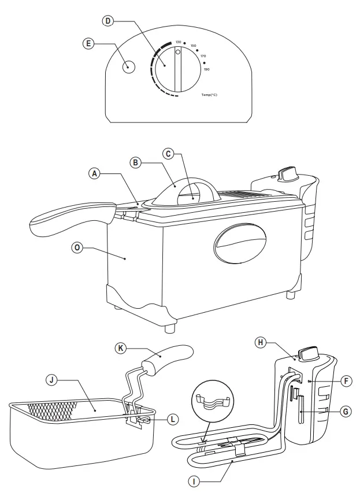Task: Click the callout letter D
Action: [x=107, y=21]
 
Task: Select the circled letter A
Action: [x=94, y=173]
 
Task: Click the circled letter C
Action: [x=168, y=154]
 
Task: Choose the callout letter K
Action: [x=121, y=348]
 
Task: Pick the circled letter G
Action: [x=345, y=412]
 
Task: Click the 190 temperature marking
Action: [x=206, y=69]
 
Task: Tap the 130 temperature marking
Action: [x=179, y=42]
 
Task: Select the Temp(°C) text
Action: [x=209, y=94]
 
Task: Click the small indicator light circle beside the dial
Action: [x=129, y=66]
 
